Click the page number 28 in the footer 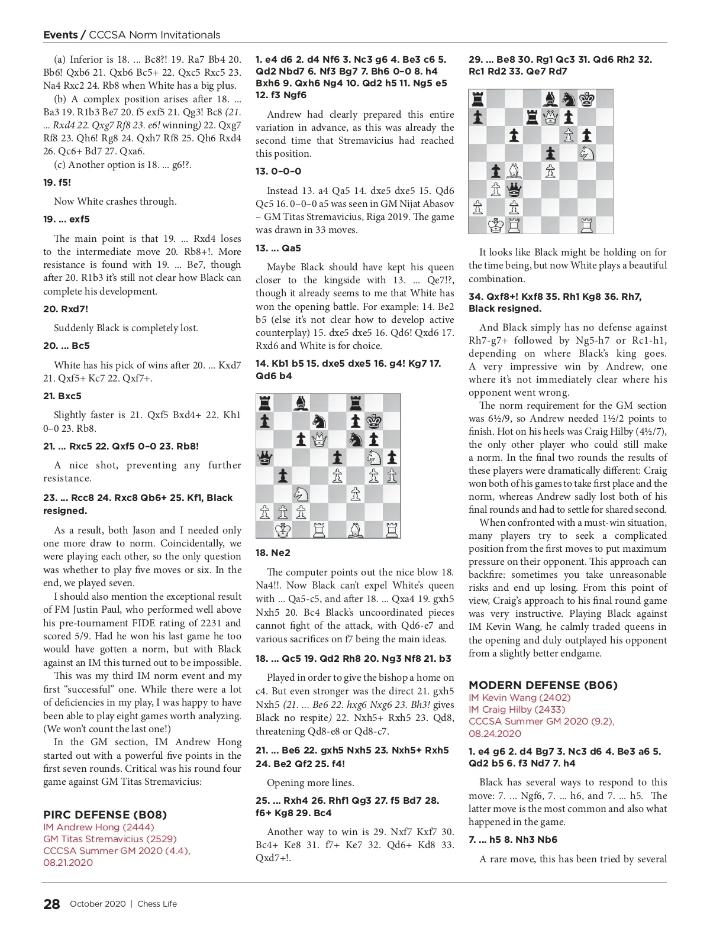click(51, 904)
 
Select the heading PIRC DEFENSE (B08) click(105, 814)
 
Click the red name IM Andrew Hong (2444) click(98, 827)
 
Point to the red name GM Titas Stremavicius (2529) click(110, 839)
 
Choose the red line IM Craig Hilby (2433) click(517, 709)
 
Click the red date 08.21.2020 click(68, 862)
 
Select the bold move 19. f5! click(57, 182)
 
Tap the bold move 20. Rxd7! click(66, 309)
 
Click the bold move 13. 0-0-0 click(279, 171)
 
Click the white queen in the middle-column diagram click(319, 439)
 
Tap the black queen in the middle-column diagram click(265, 457)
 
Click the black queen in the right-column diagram click(514, 189)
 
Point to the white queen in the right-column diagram click(550, 118)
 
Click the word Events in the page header click(60, 35)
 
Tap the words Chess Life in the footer click(157, 904)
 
